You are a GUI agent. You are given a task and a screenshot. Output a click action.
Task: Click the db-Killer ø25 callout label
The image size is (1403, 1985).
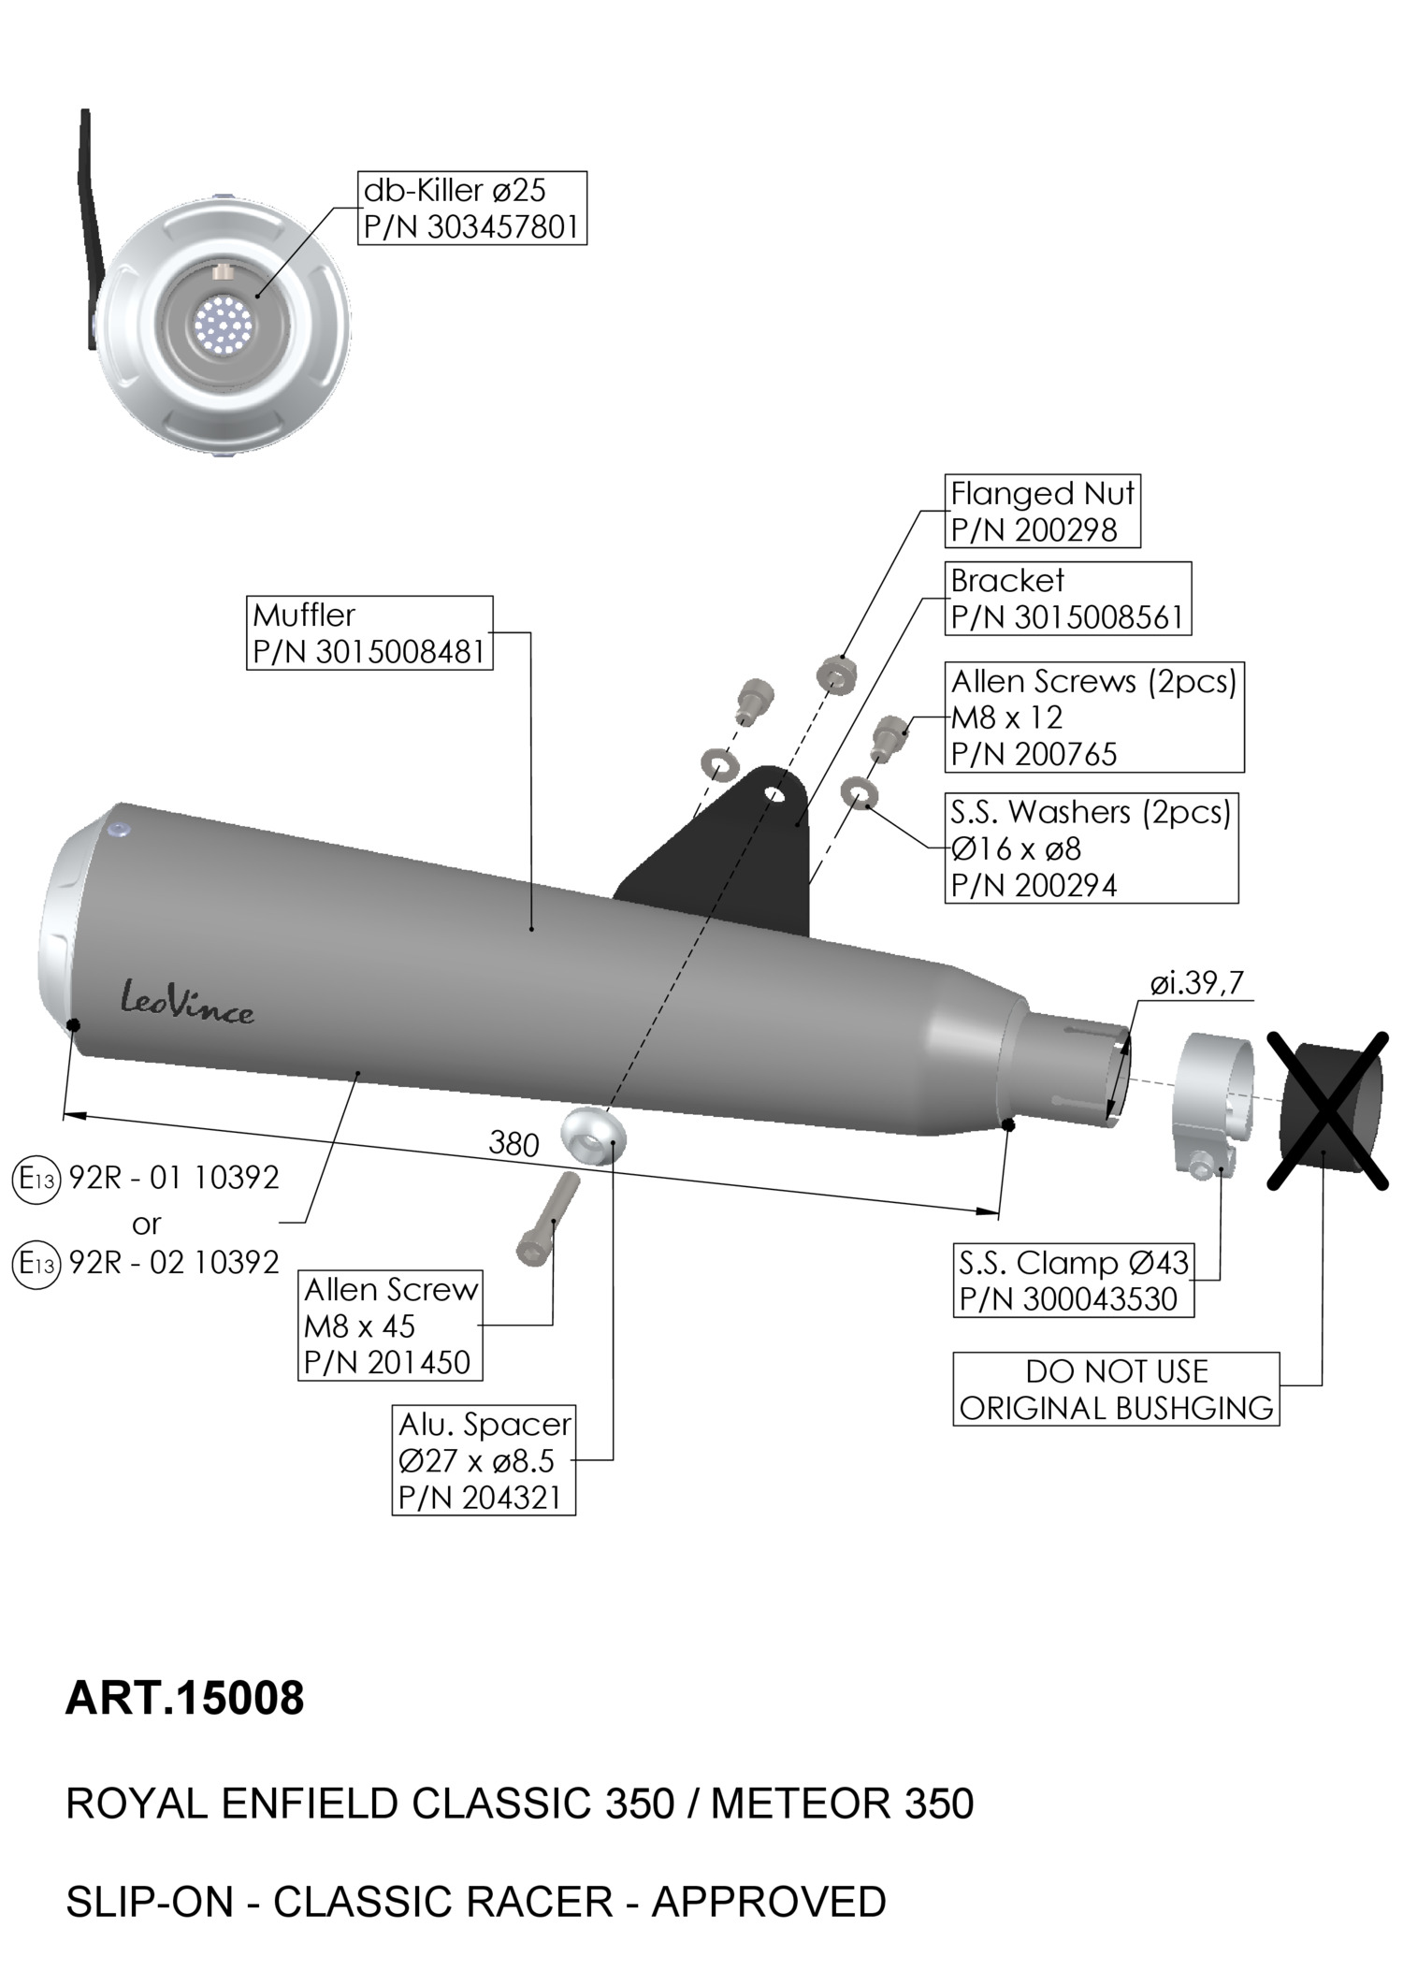point(471,208)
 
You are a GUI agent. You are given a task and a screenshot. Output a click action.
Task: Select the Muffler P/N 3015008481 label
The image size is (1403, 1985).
point(369,633)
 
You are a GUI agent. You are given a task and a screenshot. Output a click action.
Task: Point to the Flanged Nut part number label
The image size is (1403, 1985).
point(1042,511)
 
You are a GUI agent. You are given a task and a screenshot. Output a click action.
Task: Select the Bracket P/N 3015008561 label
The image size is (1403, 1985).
point(1067,599)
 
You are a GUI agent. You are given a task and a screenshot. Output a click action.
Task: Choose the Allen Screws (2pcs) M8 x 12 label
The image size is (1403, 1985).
point(1093,717)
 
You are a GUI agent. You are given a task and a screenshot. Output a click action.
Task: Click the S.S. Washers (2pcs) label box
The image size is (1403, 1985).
point(1091,848)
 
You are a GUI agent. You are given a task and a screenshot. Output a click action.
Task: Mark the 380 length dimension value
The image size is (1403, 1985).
point(513,1144)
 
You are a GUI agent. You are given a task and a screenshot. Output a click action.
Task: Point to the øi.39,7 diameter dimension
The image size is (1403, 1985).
point(1196,983)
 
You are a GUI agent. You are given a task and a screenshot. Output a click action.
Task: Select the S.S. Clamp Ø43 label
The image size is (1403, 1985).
point(1073,1281)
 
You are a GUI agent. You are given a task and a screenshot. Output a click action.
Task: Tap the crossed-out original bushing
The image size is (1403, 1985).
point(1328,1110)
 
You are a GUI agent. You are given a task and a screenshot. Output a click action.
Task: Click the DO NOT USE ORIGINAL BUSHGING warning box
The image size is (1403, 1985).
point(1116,1389)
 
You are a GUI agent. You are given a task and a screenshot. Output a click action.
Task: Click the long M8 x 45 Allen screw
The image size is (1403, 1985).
point(548,1218)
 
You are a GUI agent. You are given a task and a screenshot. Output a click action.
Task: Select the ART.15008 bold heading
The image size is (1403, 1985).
point(185,1698)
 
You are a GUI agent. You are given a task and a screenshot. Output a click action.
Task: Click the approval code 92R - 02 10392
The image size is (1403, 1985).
point(174,1263)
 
